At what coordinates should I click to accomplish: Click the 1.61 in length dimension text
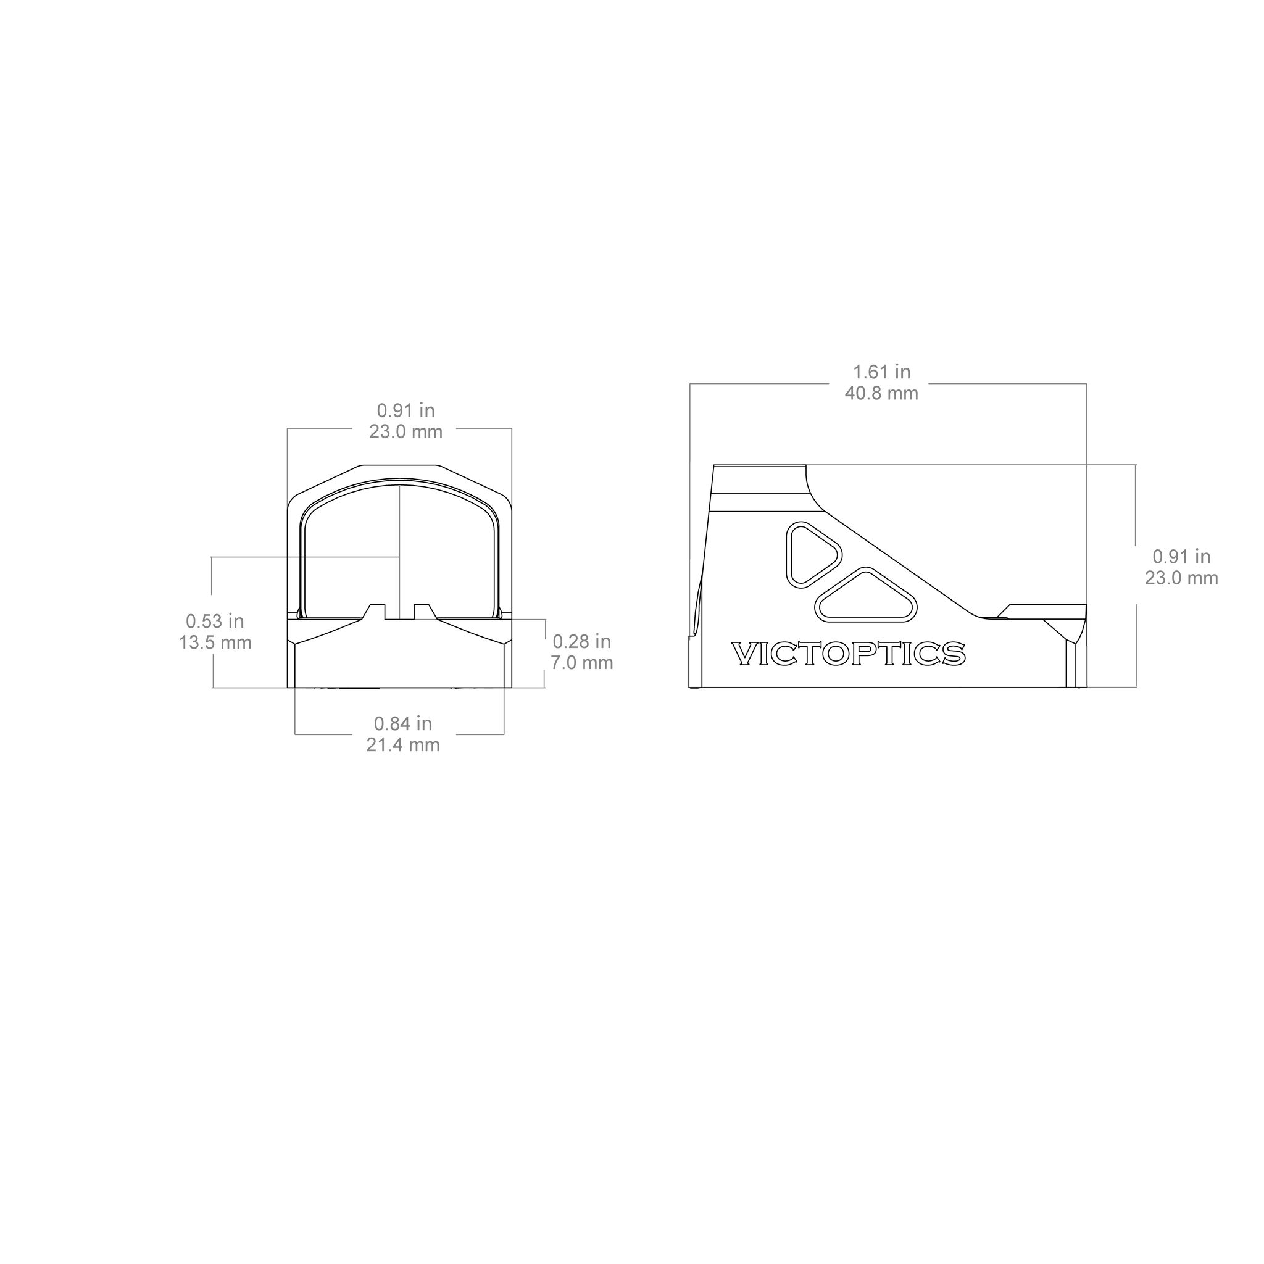(881, 372)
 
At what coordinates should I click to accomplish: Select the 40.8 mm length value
(881, 393)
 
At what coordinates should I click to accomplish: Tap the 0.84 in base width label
(403, 723)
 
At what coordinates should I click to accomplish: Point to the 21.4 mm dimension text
(403, 744)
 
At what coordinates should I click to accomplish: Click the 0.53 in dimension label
(215, 620)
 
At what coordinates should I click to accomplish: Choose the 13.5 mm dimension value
(215, 642)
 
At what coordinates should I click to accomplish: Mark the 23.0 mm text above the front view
(405, 432)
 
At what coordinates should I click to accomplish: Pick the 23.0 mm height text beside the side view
(1181, 578)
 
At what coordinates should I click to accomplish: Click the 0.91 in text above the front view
(405, 410)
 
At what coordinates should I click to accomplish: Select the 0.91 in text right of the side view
(1181, 556)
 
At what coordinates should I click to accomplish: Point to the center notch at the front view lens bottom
(400, 612)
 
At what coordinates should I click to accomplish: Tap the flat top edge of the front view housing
(400, 465)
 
